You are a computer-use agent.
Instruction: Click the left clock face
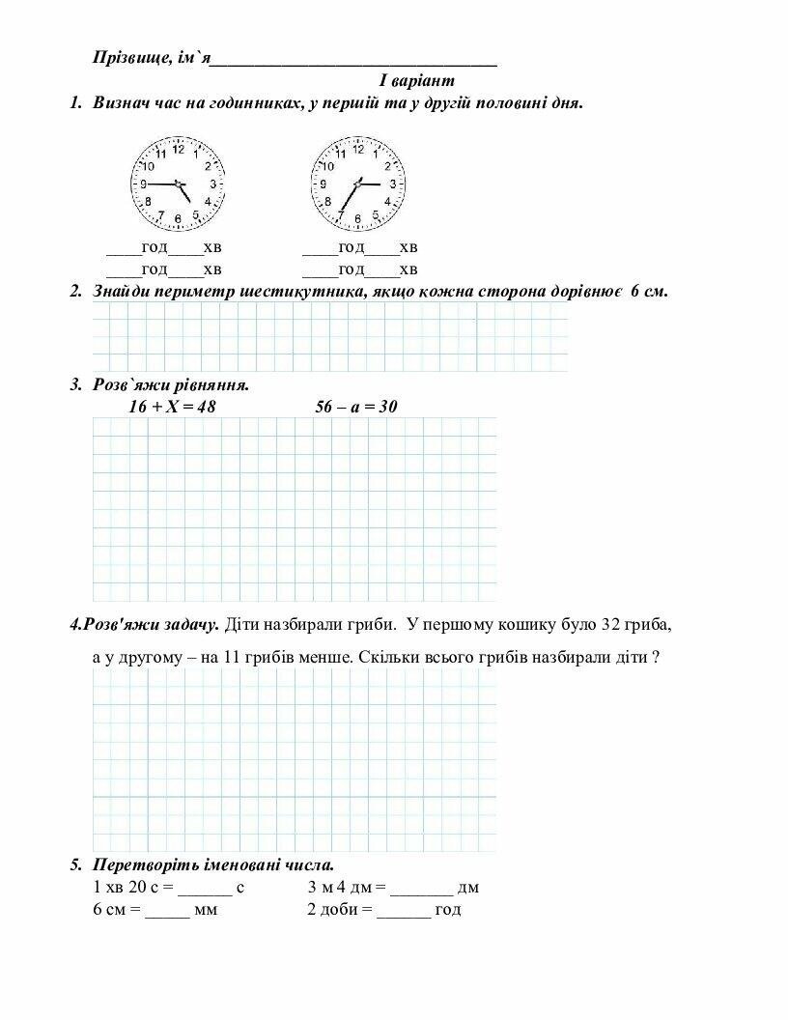(x=178, y=183)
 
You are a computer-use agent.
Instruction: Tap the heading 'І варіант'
(x=416, y=80)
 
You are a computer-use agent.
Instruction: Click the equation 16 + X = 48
(x=172, y=407)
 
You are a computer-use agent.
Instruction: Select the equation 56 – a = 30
(x=356, y=407)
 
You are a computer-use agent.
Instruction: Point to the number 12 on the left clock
(x=178, y=145)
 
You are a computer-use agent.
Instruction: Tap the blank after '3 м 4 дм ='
(x=421, y=887)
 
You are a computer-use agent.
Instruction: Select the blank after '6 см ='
(x=167, y=910)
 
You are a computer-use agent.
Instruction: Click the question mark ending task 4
(x=656, y=657)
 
